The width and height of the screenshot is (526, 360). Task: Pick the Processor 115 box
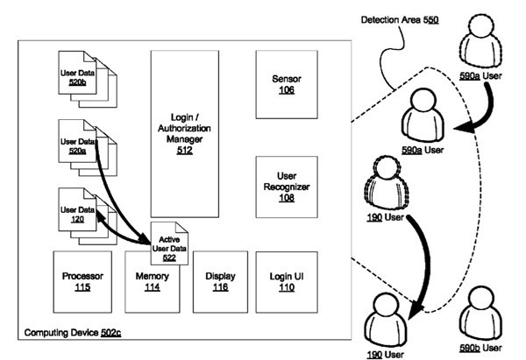[83, 281]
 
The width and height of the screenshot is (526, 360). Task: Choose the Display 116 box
[220, 281]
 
